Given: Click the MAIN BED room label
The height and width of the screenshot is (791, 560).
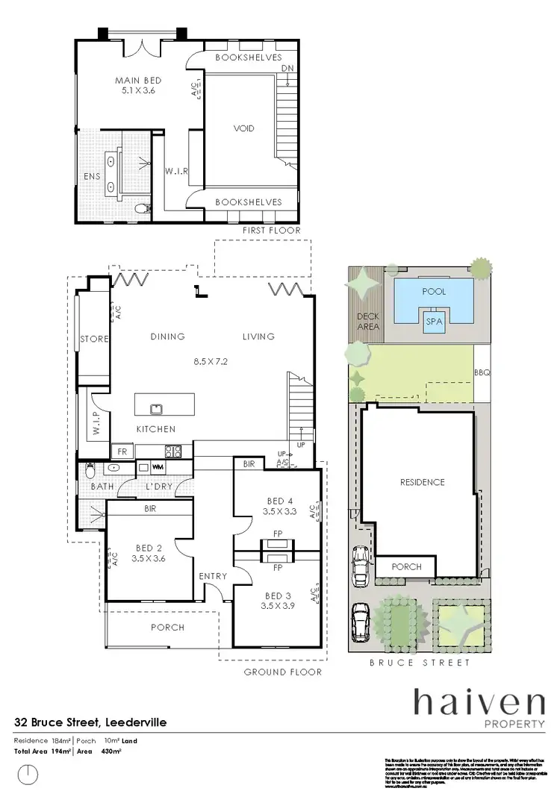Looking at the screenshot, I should [138, 81].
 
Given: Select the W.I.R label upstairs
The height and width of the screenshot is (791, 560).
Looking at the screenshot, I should [176, 171].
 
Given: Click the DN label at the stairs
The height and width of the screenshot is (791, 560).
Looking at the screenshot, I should [287, 69].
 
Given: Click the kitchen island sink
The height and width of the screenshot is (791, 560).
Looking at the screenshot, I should [157, 407].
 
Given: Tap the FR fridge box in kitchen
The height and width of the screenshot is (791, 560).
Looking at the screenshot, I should [119, 451].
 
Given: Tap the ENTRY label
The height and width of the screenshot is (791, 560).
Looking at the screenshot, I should [213, 576].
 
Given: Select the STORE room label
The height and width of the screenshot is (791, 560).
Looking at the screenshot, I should [94, 339].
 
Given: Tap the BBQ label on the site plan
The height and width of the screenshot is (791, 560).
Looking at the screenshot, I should [482, 372].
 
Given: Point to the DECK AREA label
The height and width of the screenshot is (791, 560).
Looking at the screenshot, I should [368, 321].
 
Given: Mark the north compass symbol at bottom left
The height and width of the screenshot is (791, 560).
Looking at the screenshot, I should [28, 774].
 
